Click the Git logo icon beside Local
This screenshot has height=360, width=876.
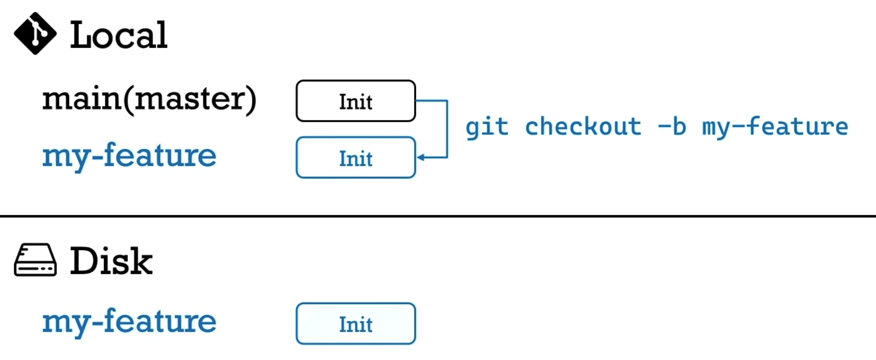(35, 33)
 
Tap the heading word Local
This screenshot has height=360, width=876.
(118, 35)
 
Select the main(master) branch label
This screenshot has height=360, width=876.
(149, 99)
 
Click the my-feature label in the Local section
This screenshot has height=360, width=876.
(129, 155)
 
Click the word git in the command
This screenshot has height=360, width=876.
(487, 127)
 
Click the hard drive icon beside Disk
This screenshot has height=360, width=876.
(35, 260)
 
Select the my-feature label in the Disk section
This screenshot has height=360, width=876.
(129, 321)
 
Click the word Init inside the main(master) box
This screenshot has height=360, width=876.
(356, 102)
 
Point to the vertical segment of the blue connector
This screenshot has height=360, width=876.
(447, 129)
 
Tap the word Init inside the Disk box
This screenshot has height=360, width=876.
(356, 325)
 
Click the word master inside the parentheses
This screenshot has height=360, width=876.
(192, 99)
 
